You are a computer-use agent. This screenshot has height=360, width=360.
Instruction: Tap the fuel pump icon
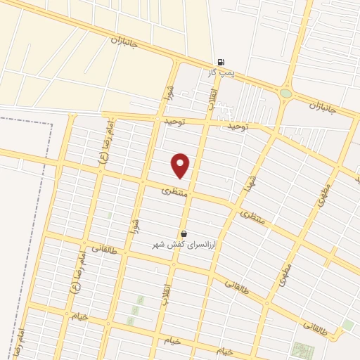pos(221,62)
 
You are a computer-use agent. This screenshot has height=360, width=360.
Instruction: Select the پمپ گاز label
pos(220,72)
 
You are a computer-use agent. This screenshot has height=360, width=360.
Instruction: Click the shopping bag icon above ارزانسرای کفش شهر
pos(184,233)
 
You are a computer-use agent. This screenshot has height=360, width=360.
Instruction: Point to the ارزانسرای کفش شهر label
pos(184,244)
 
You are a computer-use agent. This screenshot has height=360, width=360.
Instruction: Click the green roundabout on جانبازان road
pos(285,93)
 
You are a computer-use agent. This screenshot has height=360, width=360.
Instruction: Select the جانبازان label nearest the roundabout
pos(323,108)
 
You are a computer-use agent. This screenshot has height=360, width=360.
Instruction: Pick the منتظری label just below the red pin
pos(175,190)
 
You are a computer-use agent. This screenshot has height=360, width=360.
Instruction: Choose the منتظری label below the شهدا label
pos(253,218)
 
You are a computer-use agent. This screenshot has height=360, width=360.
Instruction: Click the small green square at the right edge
pos(347,325)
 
